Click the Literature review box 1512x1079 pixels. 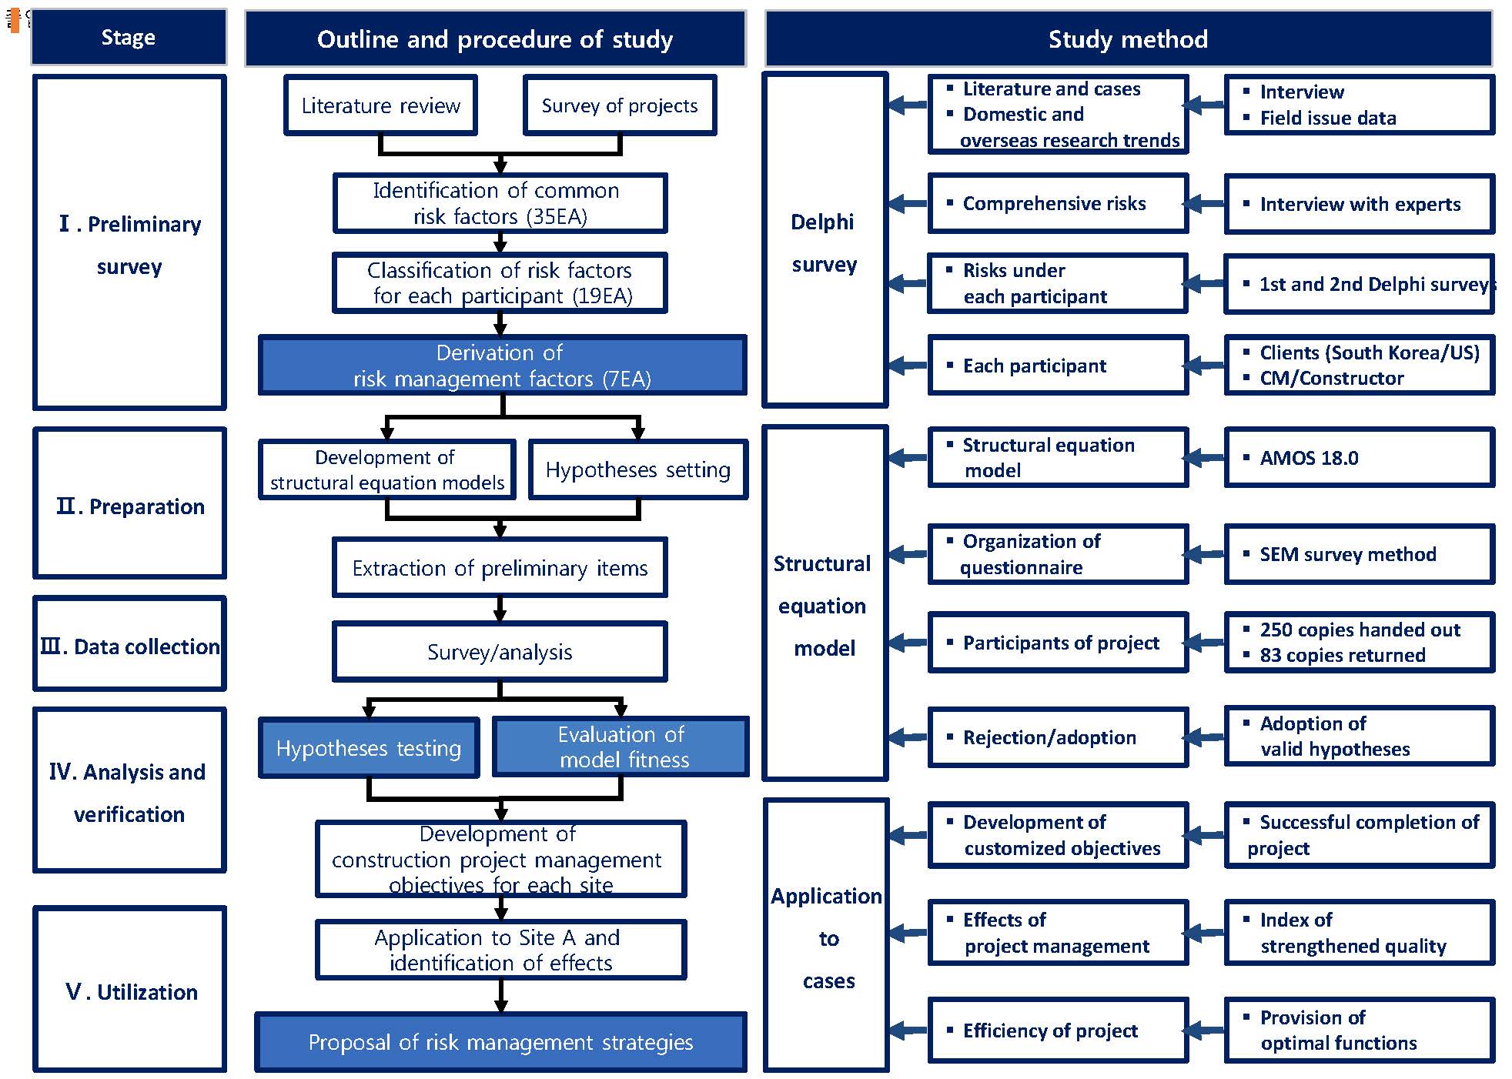pyautogui.click(x=380, y=105)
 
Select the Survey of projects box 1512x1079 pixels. pyautogui.click(x=619, y=105)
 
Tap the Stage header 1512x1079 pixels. pyautogui.click(x=129, y=37)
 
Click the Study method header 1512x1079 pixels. pyautogui.click(x=1128, y=38)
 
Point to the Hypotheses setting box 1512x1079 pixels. pyautogui.click(x=637, y=469)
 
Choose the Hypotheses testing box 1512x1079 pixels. pyautogui.click(x=369, y=748)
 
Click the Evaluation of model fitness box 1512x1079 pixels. pyautogui.click(x=621, y=747)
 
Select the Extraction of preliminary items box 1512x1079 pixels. pyautogui.click(x=500, y=568)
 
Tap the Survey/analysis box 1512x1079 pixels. pyautogui.click(x=500, y=652)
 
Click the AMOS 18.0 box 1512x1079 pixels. pyautogui.click(x=1359, y=458)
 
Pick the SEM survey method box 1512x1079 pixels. pyautogui.click(x=1359, y=554)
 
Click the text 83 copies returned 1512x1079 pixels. pyautogui.click(x=1342, y=655)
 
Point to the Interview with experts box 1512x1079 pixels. pyautogui.click(x=1359, y=204)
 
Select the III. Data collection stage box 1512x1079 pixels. pyautogui.click(x=129, y=645)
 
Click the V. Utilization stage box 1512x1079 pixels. pyautogui.click(x=129, y=990)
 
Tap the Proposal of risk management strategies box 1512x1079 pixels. pyautogui.click(x=500, y=1042)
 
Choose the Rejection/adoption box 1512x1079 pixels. pyautogui.click(x=1058, y=737)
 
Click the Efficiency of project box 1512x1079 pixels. pyautogui.click(x=1058, y=1031)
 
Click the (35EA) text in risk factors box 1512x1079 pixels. pyautogui.click(x=556, y=217)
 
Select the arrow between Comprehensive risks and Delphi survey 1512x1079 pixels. pyautogui.click(x=908, y=204)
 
